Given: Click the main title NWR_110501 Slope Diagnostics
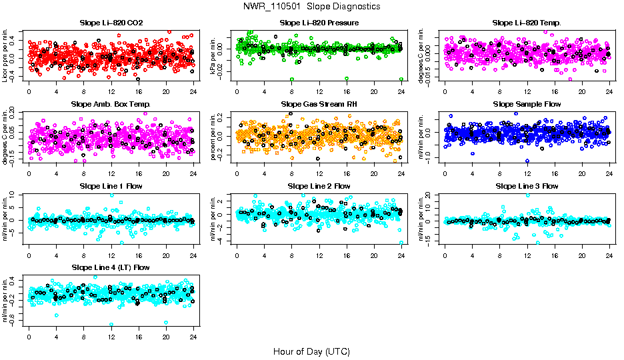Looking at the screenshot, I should tap(312, 6).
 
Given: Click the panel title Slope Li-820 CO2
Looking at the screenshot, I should tap(111, 23).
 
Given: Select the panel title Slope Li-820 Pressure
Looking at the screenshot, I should tap(319, 23).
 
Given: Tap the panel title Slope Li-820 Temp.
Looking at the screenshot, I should tap(527, 23).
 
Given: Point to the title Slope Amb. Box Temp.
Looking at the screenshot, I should tap(111, 104).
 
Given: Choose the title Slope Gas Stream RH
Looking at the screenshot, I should tap(319, 104).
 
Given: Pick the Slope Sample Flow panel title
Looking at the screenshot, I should tap(527, 104).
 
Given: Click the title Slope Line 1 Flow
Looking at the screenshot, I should tap(111, 186).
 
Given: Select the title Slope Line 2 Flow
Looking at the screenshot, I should tap(319, 186).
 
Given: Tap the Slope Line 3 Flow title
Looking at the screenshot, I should tap(527, 186).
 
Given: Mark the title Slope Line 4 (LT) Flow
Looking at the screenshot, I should tap(111, 267).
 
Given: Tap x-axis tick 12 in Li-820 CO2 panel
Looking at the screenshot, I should tap(111, 91).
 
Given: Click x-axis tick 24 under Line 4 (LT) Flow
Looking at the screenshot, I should tap(193, 337).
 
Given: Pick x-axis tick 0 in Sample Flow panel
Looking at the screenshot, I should tap(445, 173).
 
